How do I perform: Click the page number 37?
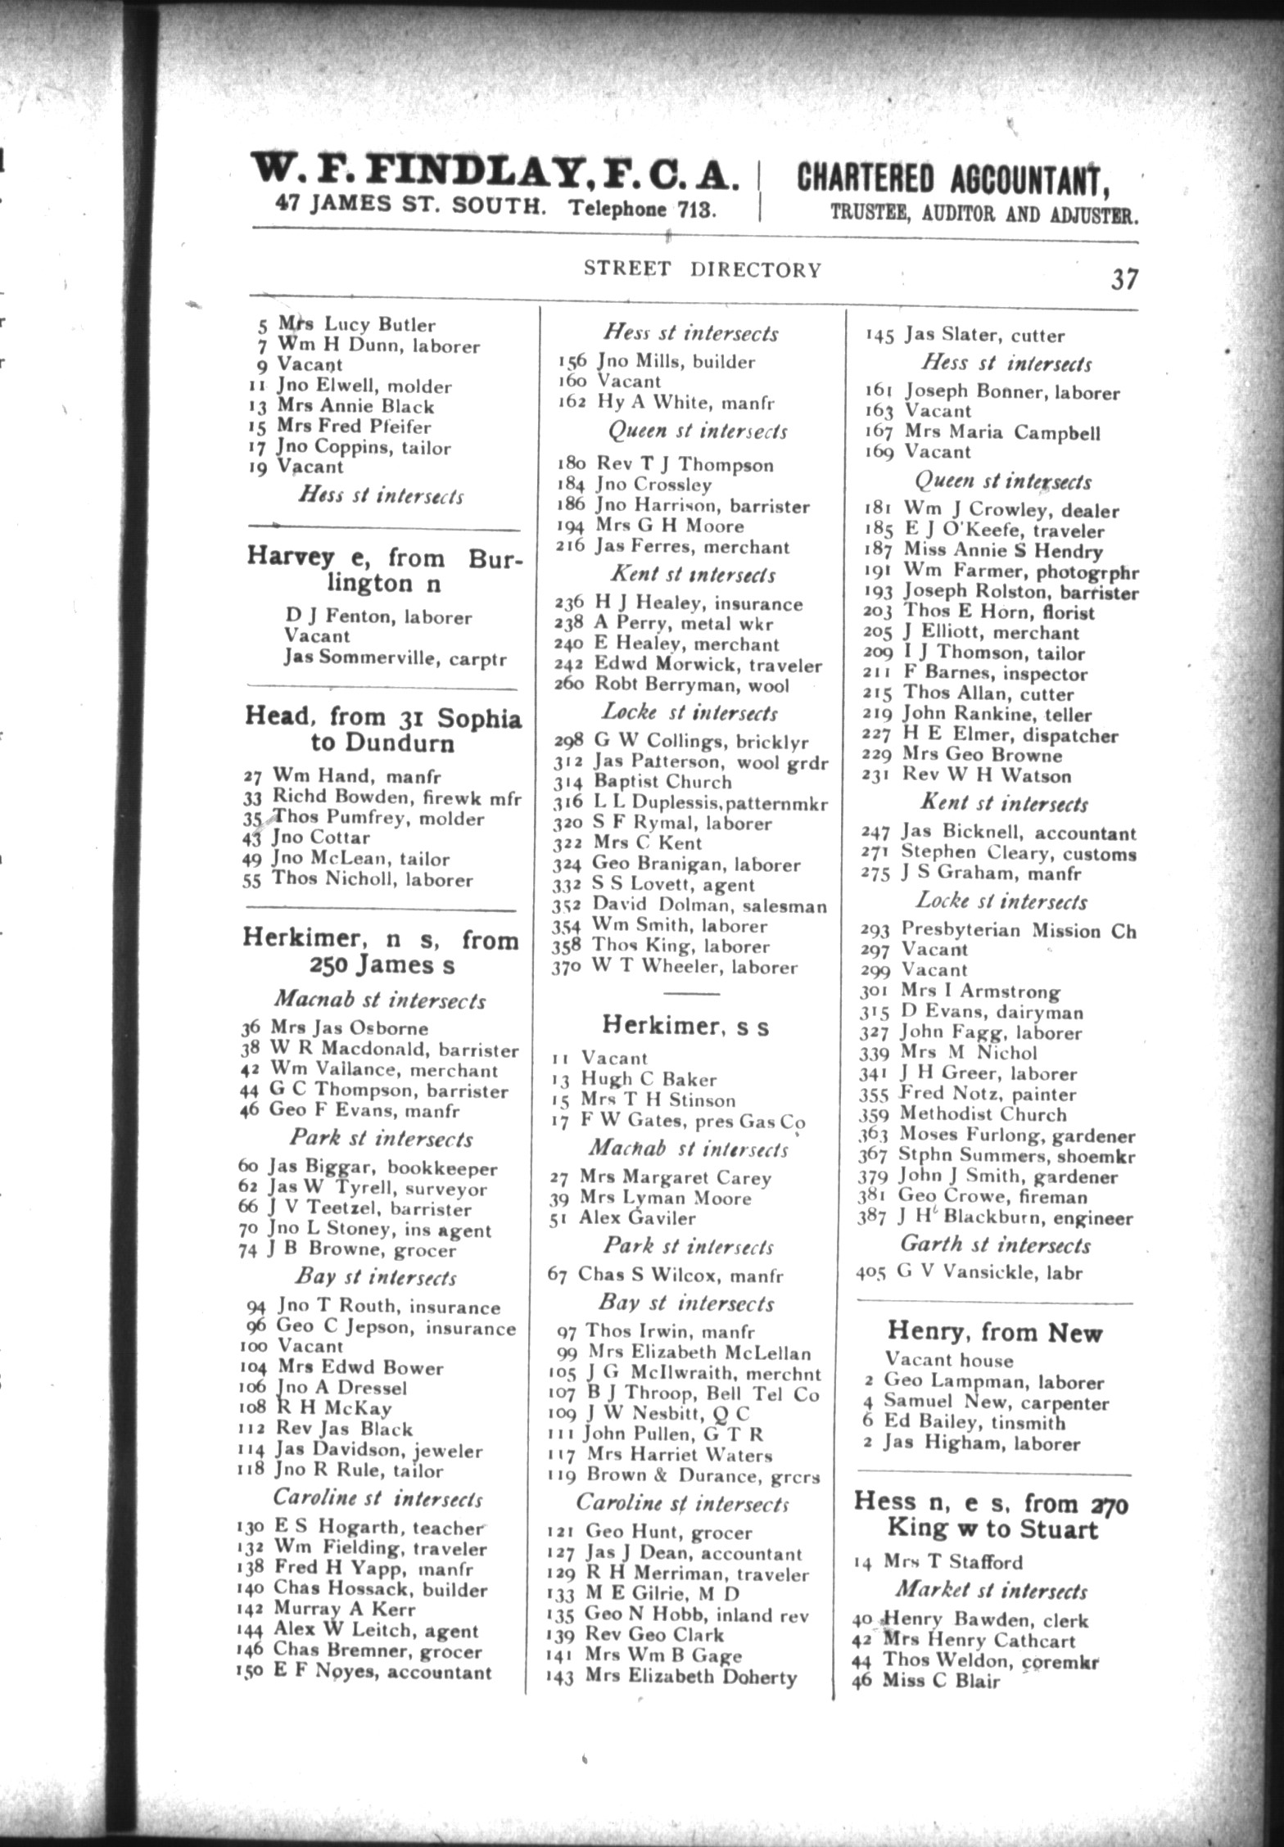[x=1124, y=279]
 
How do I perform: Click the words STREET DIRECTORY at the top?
[x=702, y=269]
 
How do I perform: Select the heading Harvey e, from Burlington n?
[x=383, y=571]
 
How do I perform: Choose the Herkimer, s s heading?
[x=685, y=1025]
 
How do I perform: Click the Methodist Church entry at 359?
[x=982, y=1114]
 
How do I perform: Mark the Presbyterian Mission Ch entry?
[x=1018, y=930]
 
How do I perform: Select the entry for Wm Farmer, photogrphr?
[x=1020, y=571]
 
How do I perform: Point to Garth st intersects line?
[x=996, y=1245]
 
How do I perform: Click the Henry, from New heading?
[x=995, y=1333]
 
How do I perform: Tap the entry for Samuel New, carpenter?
[x=995, y=1402]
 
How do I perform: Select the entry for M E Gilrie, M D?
[x=662, y=1593]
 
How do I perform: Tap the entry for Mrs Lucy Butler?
[x=355, y=325]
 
